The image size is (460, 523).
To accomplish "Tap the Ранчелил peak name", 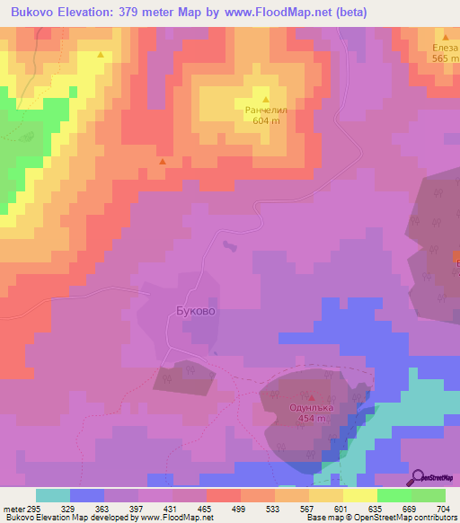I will click(266, 111).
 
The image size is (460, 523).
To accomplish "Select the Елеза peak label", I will click(445, 48).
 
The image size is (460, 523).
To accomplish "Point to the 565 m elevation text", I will click(445, 58).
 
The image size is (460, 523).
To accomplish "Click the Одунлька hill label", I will click(312, 407).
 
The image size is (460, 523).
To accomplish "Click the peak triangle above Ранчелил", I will click(266, 99).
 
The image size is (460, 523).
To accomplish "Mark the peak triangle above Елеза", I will click(446, 37).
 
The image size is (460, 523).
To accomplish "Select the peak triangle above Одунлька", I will click(312, 396).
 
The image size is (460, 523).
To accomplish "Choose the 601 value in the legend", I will click(342, 509).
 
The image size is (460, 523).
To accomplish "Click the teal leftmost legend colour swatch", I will click(52, 495).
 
